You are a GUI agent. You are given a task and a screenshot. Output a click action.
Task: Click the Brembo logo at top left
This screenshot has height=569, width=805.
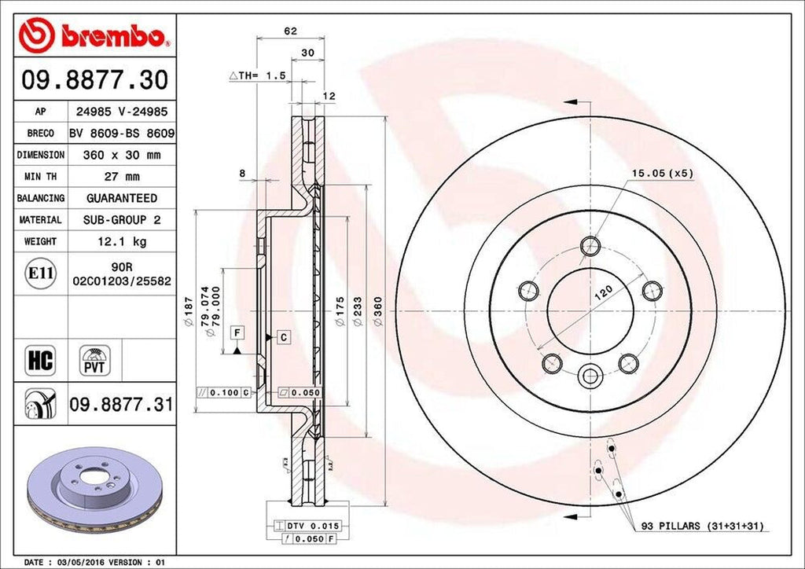click(x=94, y=35)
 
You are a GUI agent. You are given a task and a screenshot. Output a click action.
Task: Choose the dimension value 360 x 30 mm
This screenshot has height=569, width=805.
click(x=121, y=156)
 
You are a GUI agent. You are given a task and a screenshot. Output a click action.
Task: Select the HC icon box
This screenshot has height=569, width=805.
click(x=39, y=361)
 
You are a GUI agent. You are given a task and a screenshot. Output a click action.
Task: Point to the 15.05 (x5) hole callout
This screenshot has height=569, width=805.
click(x=661, y=174)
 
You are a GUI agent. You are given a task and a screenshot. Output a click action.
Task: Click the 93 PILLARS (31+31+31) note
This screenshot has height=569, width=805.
click(x=701, y=525)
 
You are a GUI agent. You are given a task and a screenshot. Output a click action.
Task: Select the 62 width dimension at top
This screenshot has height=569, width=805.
click(x=291, y=31)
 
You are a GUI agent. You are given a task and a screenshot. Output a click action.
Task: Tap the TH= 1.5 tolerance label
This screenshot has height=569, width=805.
click(x=256, y=75)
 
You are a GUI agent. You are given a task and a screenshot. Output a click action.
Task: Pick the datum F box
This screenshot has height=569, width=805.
click(x=235, y=333)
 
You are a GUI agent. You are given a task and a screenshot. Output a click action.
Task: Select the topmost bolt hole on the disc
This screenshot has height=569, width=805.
click(x=590, y=247)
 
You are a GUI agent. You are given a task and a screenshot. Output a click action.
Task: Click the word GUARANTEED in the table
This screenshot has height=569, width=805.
click(x=121, y=198)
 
